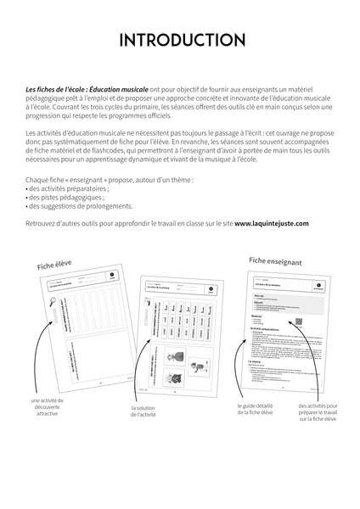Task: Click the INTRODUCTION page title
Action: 180,40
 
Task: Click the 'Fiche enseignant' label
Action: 276,261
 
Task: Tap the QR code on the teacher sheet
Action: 299,320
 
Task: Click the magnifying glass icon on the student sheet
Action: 34,306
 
